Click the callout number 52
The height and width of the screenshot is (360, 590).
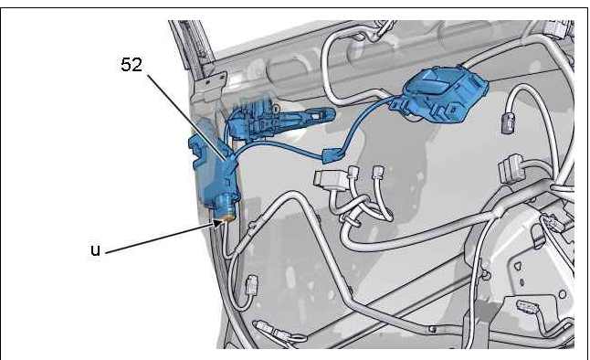pos(132,64)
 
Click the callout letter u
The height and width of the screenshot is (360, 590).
pos(96,250)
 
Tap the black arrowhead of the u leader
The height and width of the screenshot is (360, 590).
pos(218,224)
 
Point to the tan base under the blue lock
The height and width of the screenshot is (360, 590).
pos(225,217)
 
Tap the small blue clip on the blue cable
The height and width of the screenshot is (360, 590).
pos(332,155)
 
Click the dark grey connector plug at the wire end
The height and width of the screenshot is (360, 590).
pos(507,124)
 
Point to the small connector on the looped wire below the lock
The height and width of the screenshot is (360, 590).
pos(251,284)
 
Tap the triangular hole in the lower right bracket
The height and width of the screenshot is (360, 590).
pos(518,267)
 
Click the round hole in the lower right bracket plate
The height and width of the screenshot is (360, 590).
pos(563,294)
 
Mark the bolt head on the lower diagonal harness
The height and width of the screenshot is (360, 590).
pos(433,330)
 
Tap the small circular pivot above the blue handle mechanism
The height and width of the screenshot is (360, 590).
pos(277,108)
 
